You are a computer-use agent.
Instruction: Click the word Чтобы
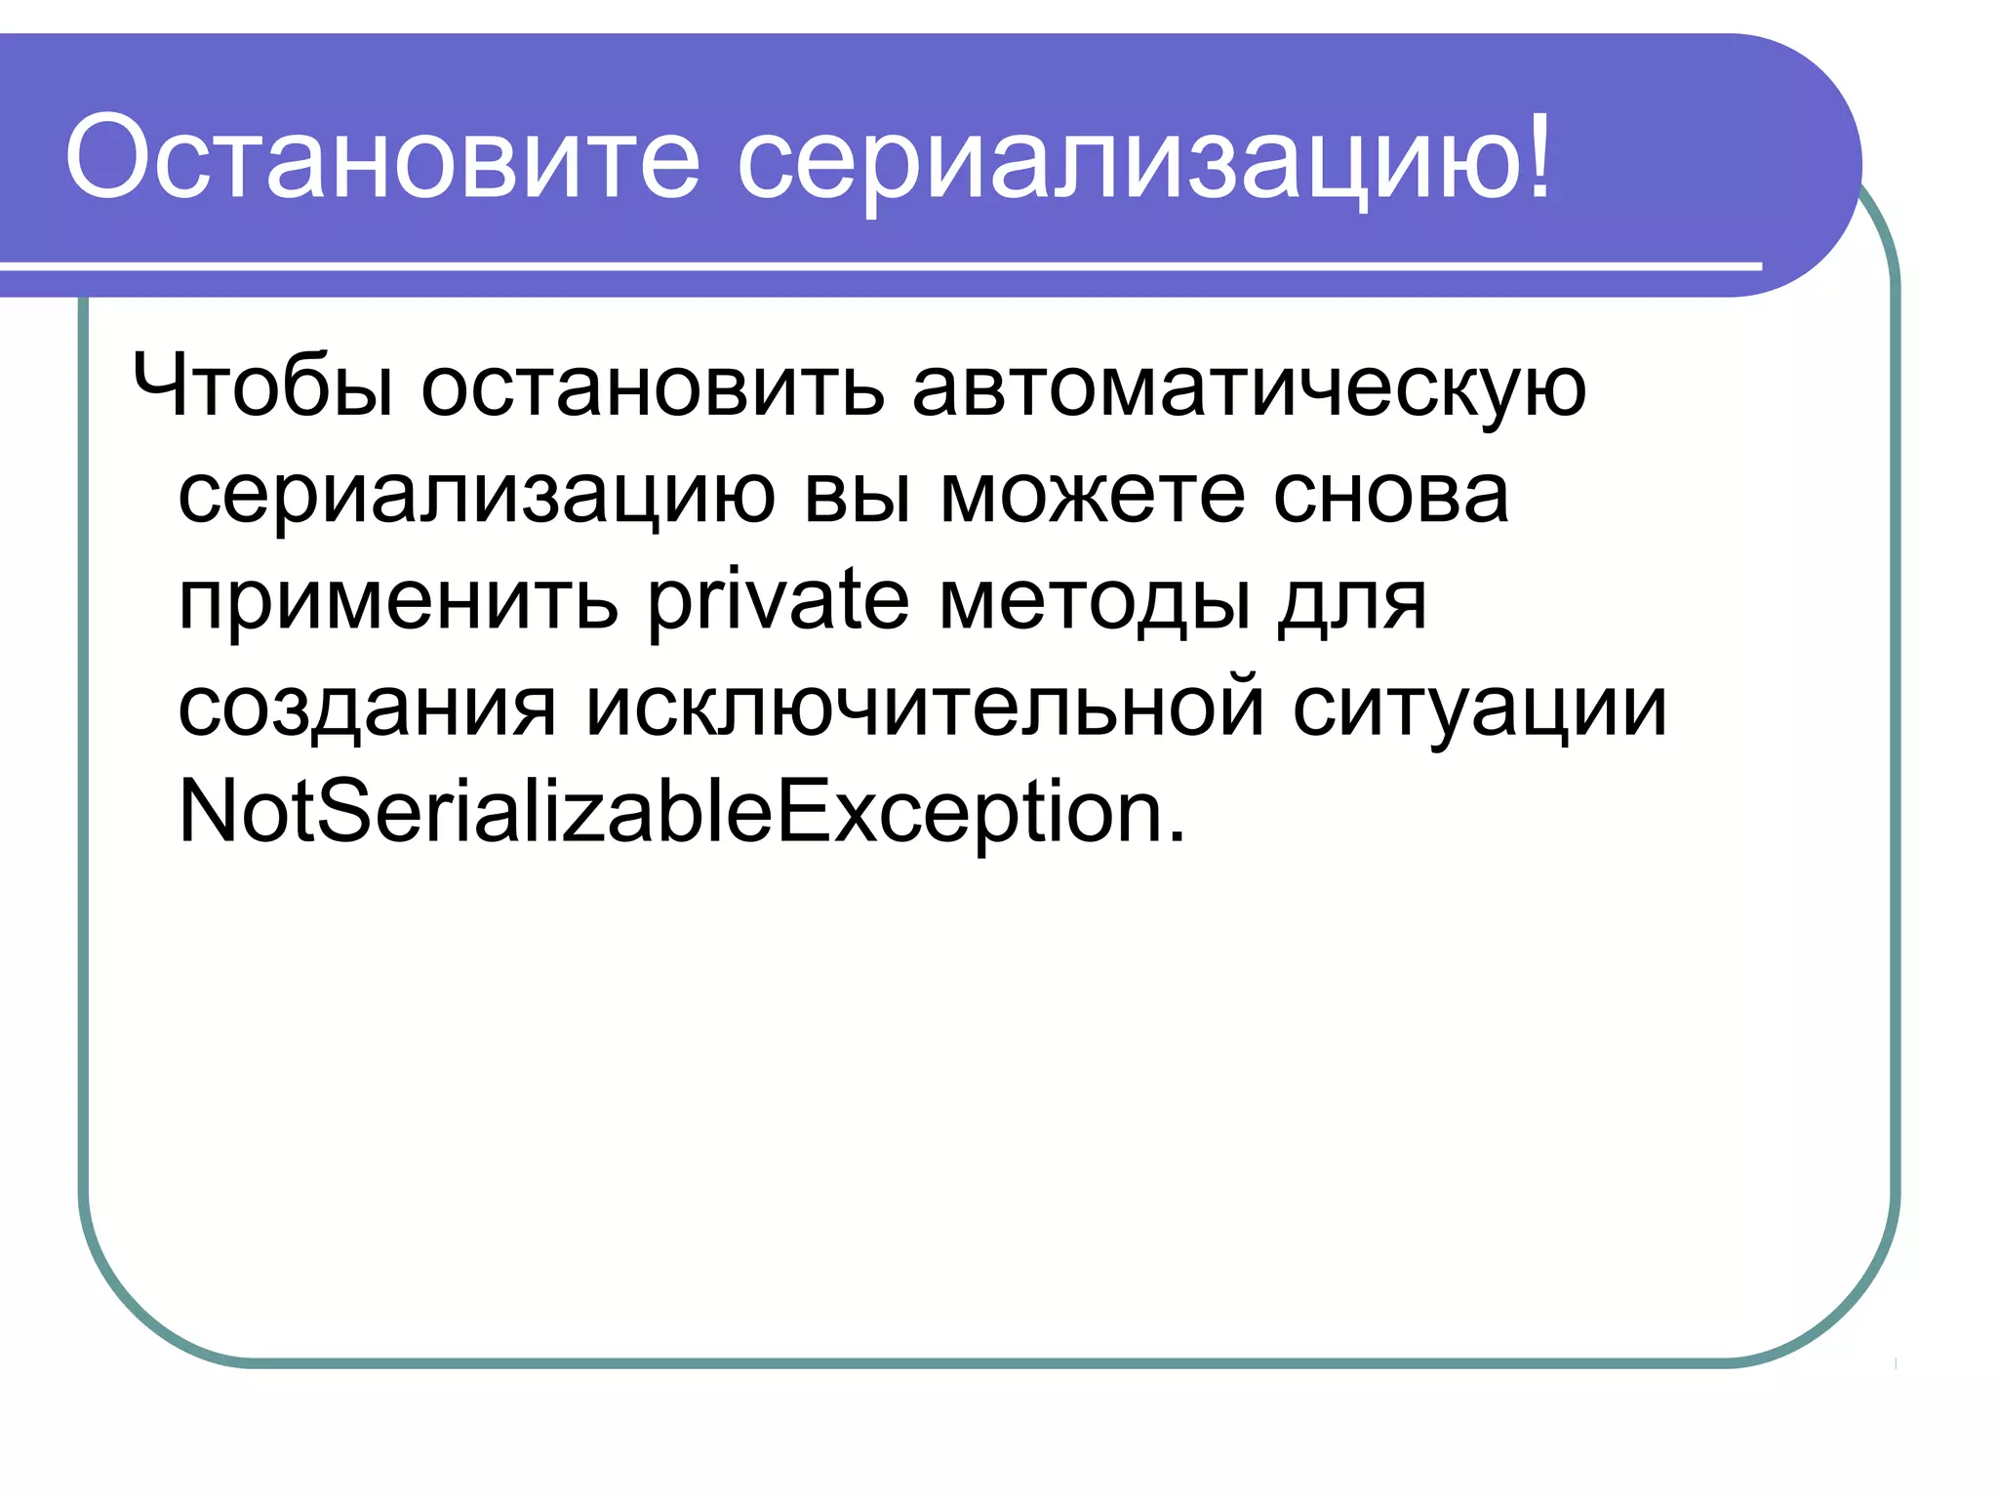(x=263, y=386)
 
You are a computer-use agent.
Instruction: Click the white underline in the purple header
(x=878, y=265)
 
